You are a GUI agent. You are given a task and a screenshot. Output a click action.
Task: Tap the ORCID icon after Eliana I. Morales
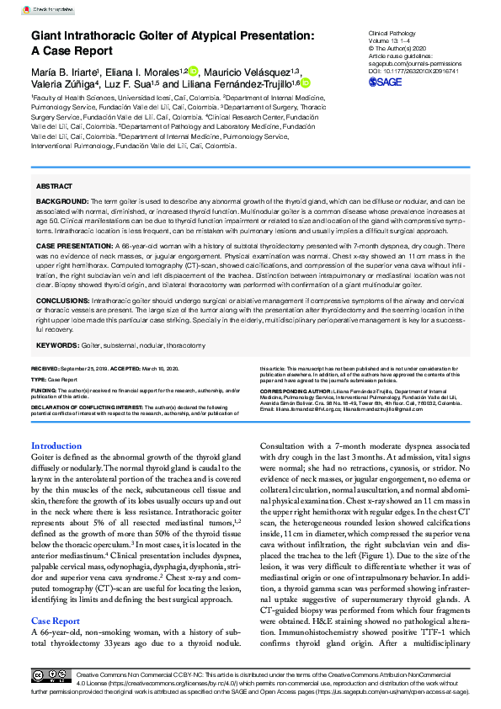193,71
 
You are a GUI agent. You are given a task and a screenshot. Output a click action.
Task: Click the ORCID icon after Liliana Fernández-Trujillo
304,83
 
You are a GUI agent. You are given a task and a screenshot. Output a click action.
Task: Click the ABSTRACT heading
54,184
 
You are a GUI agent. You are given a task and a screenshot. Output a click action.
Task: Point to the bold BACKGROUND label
61,203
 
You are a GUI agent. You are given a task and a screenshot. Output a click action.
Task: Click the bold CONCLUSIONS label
63,299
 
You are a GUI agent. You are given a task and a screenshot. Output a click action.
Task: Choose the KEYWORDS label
57,345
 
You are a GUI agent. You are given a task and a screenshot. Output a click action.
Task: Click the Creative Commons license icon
51,677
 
